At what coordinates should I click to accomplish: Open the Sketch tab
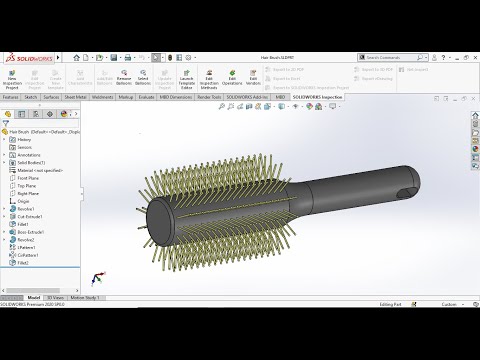tap(31, 97)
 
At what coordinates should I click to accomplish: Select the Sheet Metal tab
tap(76, 97)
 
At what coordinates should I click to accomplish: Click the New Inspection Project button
tap(12, 79)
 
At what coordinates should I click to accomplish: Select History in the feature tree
tap(25, 139)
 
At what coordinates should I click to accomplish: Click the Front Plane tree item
tap(28, 178)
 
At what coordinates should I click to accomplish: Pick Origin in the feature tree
tap(24, 201)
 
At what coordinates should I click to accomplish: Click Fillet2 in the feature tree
tap(24, 263)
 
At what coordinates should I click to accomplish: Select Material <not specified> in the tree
tap(40, 170)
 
